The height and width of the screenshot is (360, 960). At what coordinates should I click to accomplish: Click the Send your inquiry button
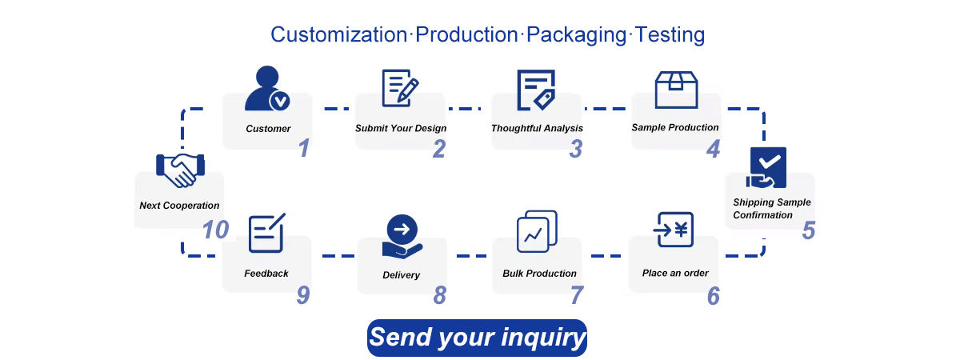[x=477, y=337]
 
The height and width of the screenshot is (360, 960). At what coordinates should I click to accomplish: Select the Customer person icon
[x=266, y=89]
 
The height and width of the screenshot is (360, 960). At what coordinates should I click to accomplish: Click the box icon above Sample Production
[x=676, y=90]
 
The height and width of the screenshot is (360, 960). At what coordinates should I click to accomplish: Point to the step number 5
[x=809, y=230]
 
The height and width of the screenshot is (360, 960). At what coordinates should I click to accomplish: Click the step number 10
[x=215, y=230]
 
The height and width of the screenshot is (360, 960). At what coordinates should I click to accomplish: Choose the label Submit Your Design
[x=401, y=128]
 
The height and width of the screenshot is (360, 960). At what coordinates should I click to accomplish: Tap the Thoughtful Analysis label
[x=537, y=128]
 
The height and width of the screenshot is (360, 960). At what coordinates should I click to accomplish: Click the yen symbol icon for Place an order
[x=674, y=231]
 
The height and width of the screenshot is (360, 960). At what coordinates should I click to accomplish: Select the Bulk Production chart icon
[x=537, y=231]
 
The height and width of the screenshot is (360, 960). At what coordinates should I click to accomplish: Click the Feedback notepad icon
[x=267, y=234]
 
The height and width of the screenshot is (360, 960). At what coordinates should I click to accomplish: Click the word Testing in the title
[x=670, y=35]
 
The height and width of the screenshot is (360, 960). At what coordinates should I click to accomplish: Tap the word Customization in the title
[x=339, y=35]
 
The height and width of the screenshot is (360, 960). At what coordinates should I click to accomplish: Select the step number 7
[x=577, y=295]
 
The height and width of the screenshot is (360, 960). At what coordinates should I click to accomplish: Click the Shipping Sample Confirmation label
[x=772, y=208]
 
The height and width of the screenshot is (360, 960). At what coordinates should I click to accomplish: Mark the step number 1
[x=304, y=148]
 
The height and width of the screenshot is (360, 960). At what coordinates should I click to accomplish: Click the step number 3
[x=576, y=148]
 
